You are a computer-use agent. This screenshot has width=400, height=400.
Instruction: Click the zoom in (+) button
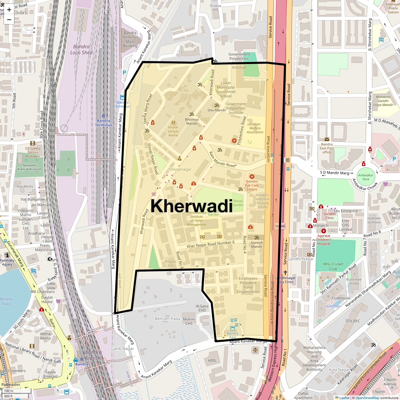coord(9,9)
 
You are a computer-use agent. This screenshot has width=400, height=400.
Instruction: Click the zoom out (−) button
coord(9,19)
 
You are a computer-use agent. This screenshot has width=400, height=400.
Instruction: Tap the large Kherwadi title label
coord(191,206)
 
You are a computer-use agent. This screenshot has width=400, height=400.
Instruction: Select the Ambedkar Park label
coord(366,177)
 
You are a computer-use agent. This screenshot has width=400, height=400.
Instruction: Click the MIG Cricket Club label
coord(333,266)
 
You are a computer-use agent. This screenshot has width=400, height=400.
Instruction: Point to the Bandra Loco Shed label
coord(81,50)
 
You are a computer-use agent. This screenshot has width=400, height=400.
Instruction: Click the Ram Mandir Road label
coord(222,159)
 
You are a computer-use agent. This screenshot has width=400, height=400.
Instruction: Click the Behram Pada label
coord(167,319)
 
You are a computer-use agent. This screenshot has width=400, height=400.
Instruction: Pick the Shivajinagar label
coord(180,169)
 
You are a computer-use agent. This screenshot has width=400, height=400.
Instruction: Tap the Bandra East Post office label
coord(327,148)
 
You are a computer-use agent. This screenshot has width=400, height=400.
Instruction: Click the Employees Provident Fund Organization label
coord(248,285)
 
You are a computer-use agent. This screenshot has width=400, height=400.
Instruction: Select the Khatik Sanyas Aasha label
coord(173,131)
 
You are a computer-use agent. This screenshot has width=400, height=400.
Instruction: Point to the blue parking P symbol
coord(124,72)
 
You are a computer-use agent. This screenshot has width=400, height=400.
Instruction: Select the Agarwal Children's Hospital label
coord(324,239)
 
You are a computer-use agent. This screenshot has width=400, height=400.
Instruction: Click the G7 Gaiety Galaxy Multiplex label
coord(33,152)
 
